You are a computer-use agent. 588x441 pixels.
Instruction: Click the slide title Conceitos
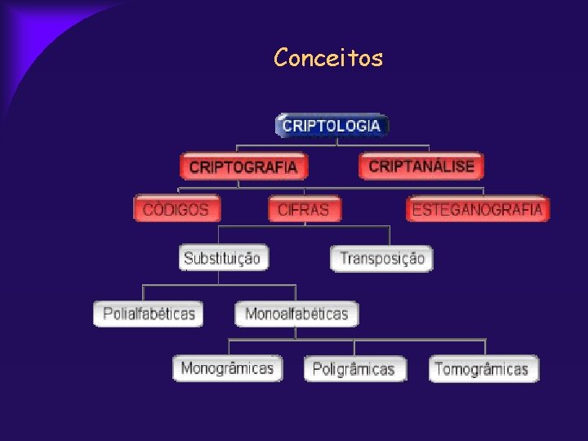[328, 58]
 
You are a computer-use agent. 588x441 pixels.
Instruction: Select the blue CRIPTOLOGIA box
[331, 126]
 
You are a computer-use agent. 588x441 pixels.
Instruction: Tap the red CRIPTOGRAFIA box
[243, 167]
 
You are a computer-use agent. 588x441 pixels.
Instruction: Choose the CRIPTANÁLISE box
[421, 167]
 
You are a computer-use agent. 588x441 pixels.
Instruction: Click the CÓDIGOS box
[176, 209]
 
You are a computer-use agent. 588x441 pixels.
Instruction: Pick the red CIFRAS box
[304, 209]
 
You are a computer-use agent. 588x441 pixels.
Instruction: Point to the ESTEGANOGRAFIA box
[478, 209]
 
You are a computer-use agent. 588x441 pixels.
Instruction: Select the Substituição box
[223, 258]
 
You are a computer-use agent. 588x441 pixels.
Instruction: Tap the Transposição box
[382, 259]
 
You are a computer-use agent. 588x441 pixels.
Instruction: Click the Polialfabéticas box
[149, 314]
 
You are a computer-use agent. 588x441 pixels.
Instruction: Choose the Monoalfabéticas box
[296, 314]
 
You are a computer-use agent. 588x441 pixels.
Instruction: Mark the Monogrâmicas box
[227, 367]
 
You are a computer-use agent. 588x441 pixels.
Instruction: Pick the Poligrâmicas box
[354, 368]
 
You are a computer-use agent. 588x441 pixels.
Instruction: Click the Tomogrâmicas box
[483, 368]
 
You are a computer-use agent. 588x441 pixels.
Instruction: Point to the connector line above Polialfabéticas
[144, 293]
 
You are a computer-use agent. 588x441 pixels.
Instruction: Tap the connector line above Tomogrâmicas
[485, 347]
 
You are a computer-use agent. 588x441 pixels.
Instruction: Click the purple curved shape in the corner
[41, 33]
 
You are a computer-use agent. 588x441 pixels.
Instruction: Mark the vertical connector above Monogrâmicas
[229, 346]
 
